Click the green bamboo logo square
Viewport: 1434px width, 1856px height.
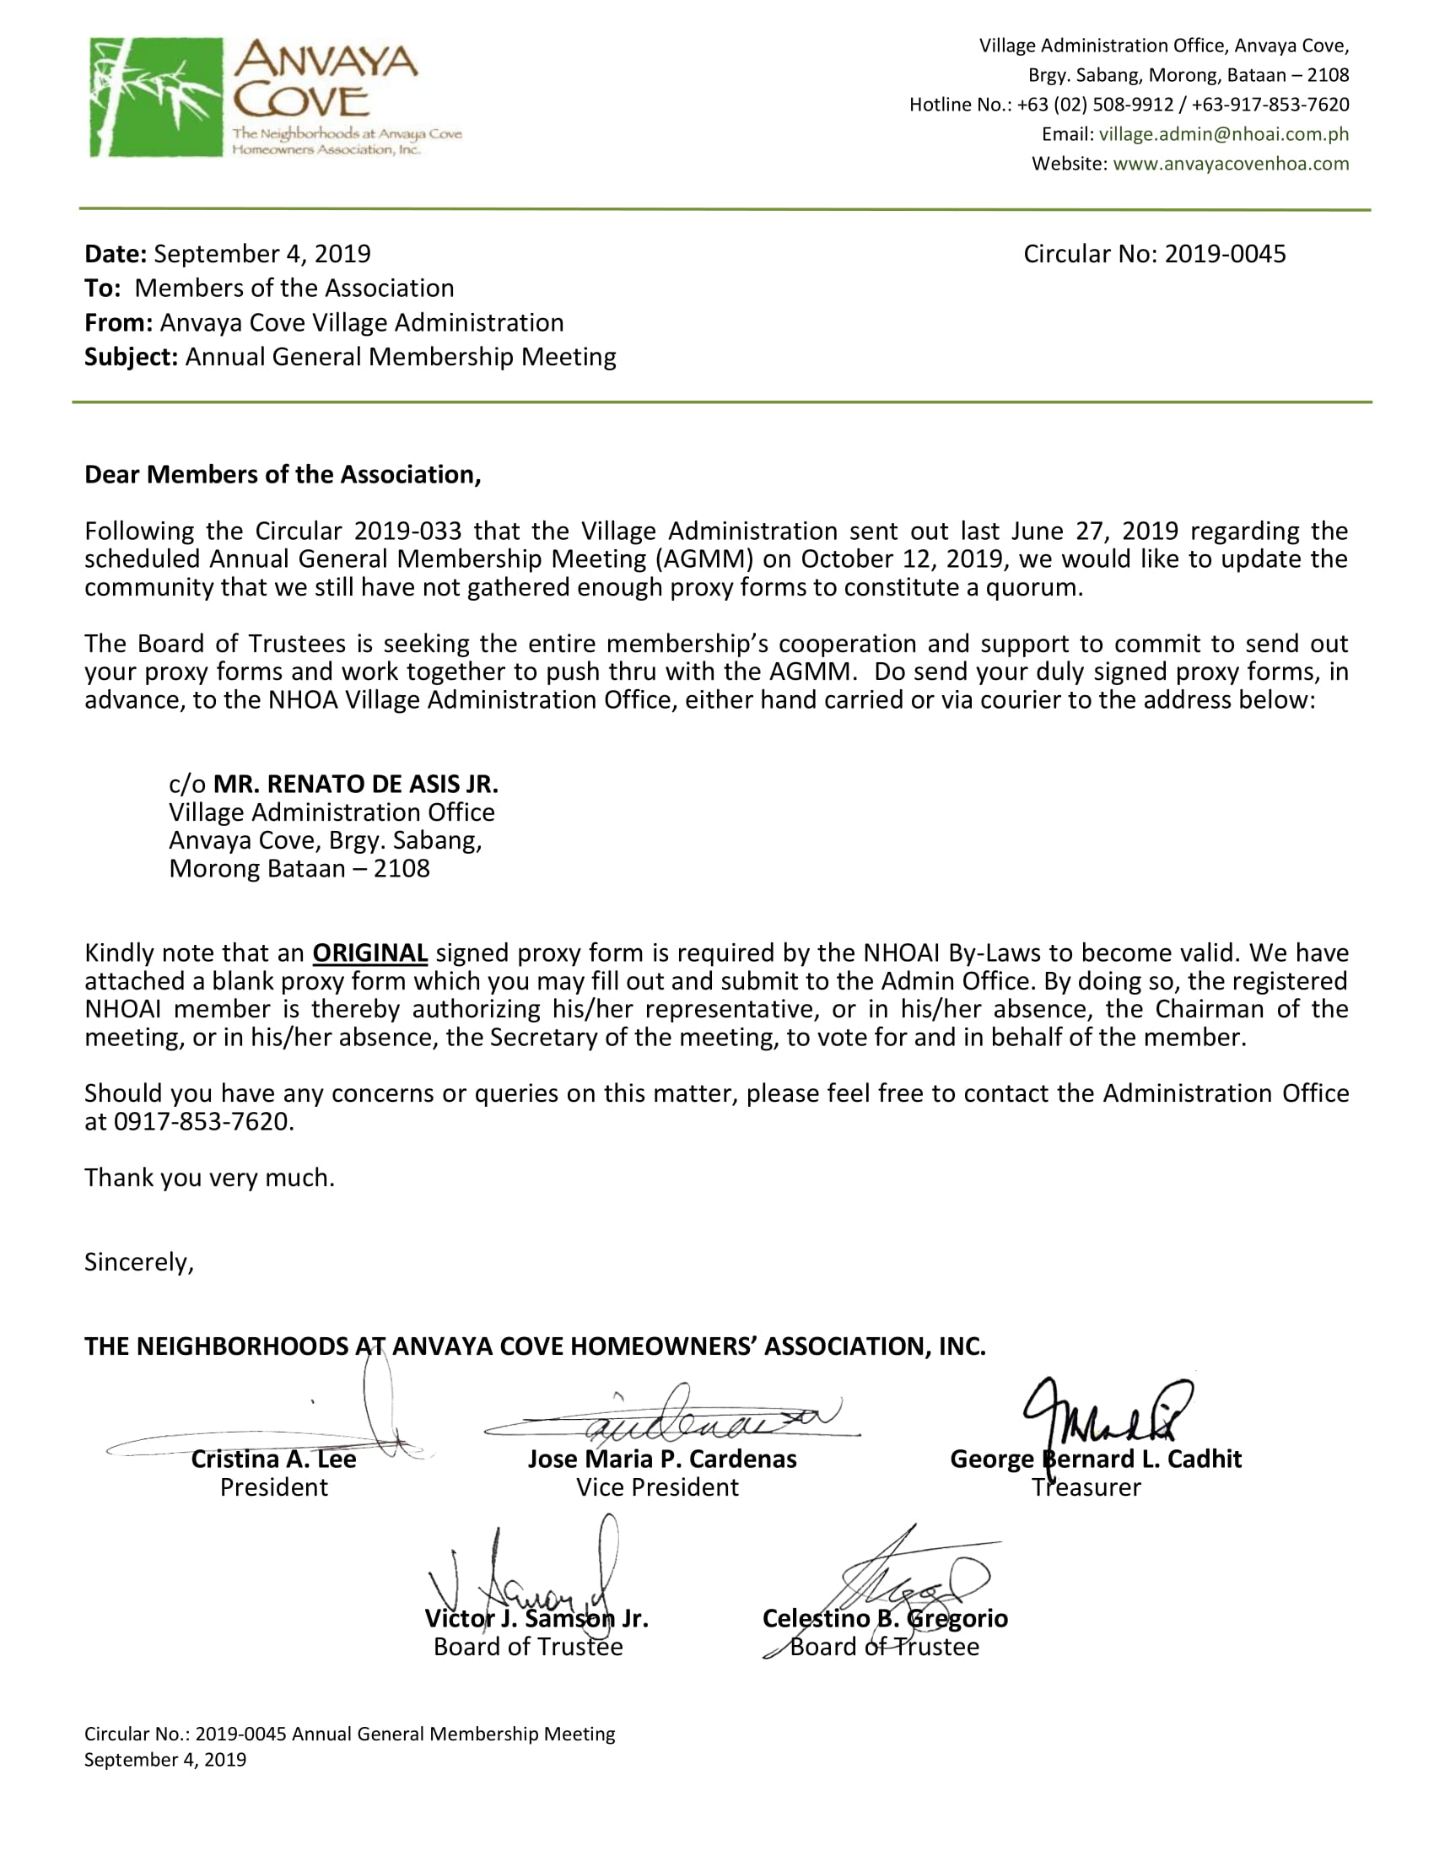coord(156,97)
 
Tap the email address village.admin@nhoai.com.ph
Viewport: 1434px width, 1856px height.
coord(1223,134)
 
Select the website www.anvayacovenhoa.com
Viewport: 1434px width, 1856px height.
coord(1230,164)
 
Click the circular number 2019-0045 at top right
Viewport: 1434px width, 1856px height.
coord(1224,254)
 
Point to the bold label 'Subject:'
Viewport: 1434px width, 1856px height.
coord(131,357)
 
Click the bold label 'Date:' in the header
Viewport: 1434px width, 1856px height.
coord(116,254)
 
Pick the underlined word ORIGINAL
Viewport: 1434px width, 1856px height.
coord(369,952)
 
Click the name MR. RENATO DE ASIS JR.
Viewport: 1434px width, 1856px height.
coord(355,784)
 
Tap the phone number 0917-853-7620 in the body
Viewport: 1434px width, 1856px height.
coord(202,1122)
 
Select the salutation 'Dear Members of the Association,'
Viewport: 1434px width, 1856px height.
coord(282,474)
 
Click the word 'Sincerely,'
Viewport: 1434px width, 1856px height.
coord(139,1262)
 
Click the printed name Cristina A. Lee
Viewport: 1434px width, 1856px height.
coord(273,1459)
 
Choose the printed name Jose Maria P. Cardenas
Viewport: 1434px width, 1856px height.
coord(662,1459)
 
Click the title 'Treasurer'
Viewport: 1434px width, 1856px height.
coord(1086,1487)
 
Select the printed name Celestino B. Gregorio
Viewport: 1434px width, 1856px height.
coord(884,1619)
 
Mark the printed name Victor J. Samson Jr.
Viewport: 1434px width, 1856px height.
coord(536,1619)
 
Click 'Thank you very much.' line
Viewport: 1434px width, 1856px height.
coord(209,1178)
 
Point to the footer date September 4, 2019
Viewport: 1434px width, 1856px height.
coord(164,1760)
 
